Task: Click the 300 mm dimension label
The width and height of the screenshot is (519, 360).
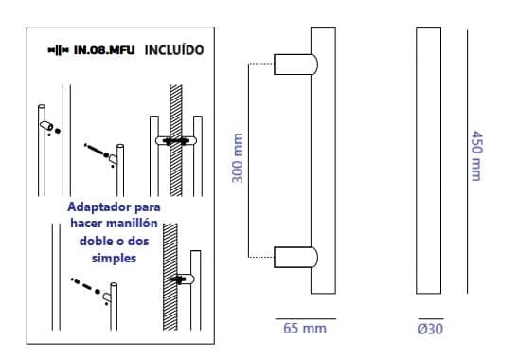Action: click(238, 157)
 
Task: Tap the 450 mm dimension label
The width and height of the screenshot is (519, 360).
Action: click(476, 155)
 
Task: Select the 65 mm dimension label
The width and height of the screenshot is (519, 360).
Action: click(305, 329)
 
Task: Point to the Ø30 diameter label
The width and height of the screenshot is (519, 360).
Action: click(430, 329)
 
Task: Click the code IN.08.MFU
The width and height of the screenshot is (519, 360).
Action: click(104, 50)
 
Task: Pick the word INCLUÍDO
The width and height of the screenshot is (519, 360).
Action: click(174, 50)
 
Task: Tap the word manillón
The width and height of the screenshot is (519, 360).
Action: click(135, 224)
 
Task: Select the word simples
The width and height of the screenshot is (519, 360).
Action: click(114, 259)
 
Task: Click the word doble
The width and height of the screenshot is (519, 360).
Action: click(94, 241)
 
